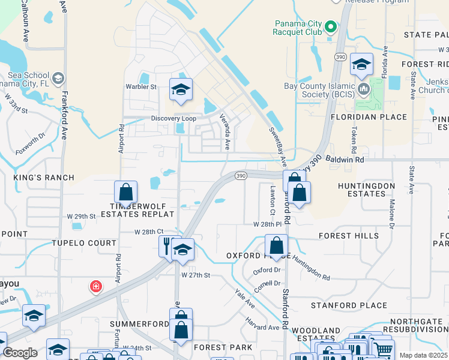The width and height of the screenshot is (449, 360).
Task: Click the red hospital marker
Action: coord(95,287)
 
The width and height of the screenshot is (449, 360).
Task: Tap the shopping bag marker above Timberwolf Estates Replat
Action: coord(126,193)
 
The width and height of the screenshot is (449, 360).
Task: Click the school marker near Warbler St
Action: coord(181,89)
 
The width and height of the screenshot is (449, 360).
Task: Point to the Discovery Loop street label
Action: coord(173,118)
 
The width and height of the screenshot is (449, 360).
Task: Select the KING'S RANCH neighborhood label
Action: coord(44,178)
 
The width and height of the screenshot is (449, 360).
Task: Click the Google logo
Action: coord(20,353)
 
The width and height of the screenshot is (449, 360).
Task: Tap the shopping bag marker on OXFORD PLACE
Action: coord(276,245)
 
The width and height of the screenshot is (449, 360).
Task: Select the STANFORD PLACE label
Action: coord(349,305)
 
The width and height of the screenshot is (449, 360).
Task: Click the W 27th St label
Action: coord(196,275)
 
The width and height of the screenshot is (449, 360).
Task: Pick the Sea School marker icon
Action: coord(58,78)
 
